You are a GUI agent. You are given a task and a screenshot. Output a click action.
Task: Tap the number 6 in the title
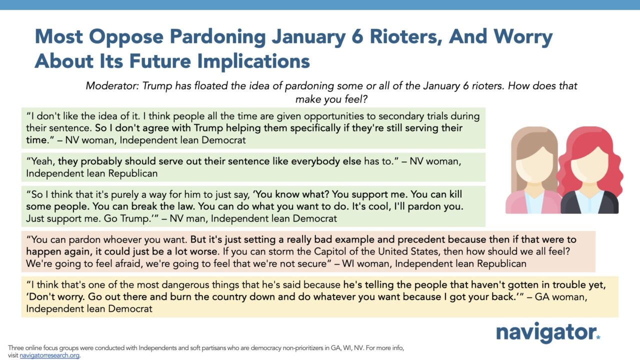357,37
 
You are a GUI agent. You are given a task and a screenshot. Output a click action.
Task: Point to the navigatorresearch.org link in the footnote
49,355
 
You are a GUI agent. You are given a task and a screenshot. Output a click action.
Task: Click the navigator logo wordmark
546,332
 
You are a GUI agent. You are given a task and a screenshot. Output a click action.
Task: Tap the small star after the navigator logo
598,337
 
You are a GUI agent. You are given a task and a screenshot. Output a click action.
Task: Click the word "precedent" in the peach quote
420,239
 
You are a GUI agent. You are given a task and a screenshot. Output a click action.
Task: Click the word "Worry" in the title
523,37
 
